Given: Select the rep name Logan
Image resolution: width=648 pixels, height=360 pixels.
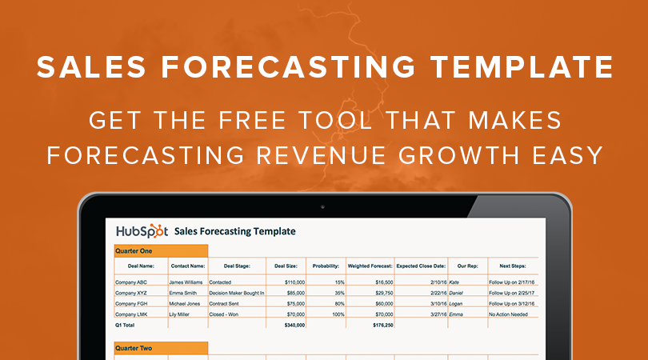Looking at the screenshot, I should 458,303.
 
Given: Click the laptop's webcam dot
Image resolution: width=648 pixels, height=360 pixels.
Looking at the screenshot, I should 323,206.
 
